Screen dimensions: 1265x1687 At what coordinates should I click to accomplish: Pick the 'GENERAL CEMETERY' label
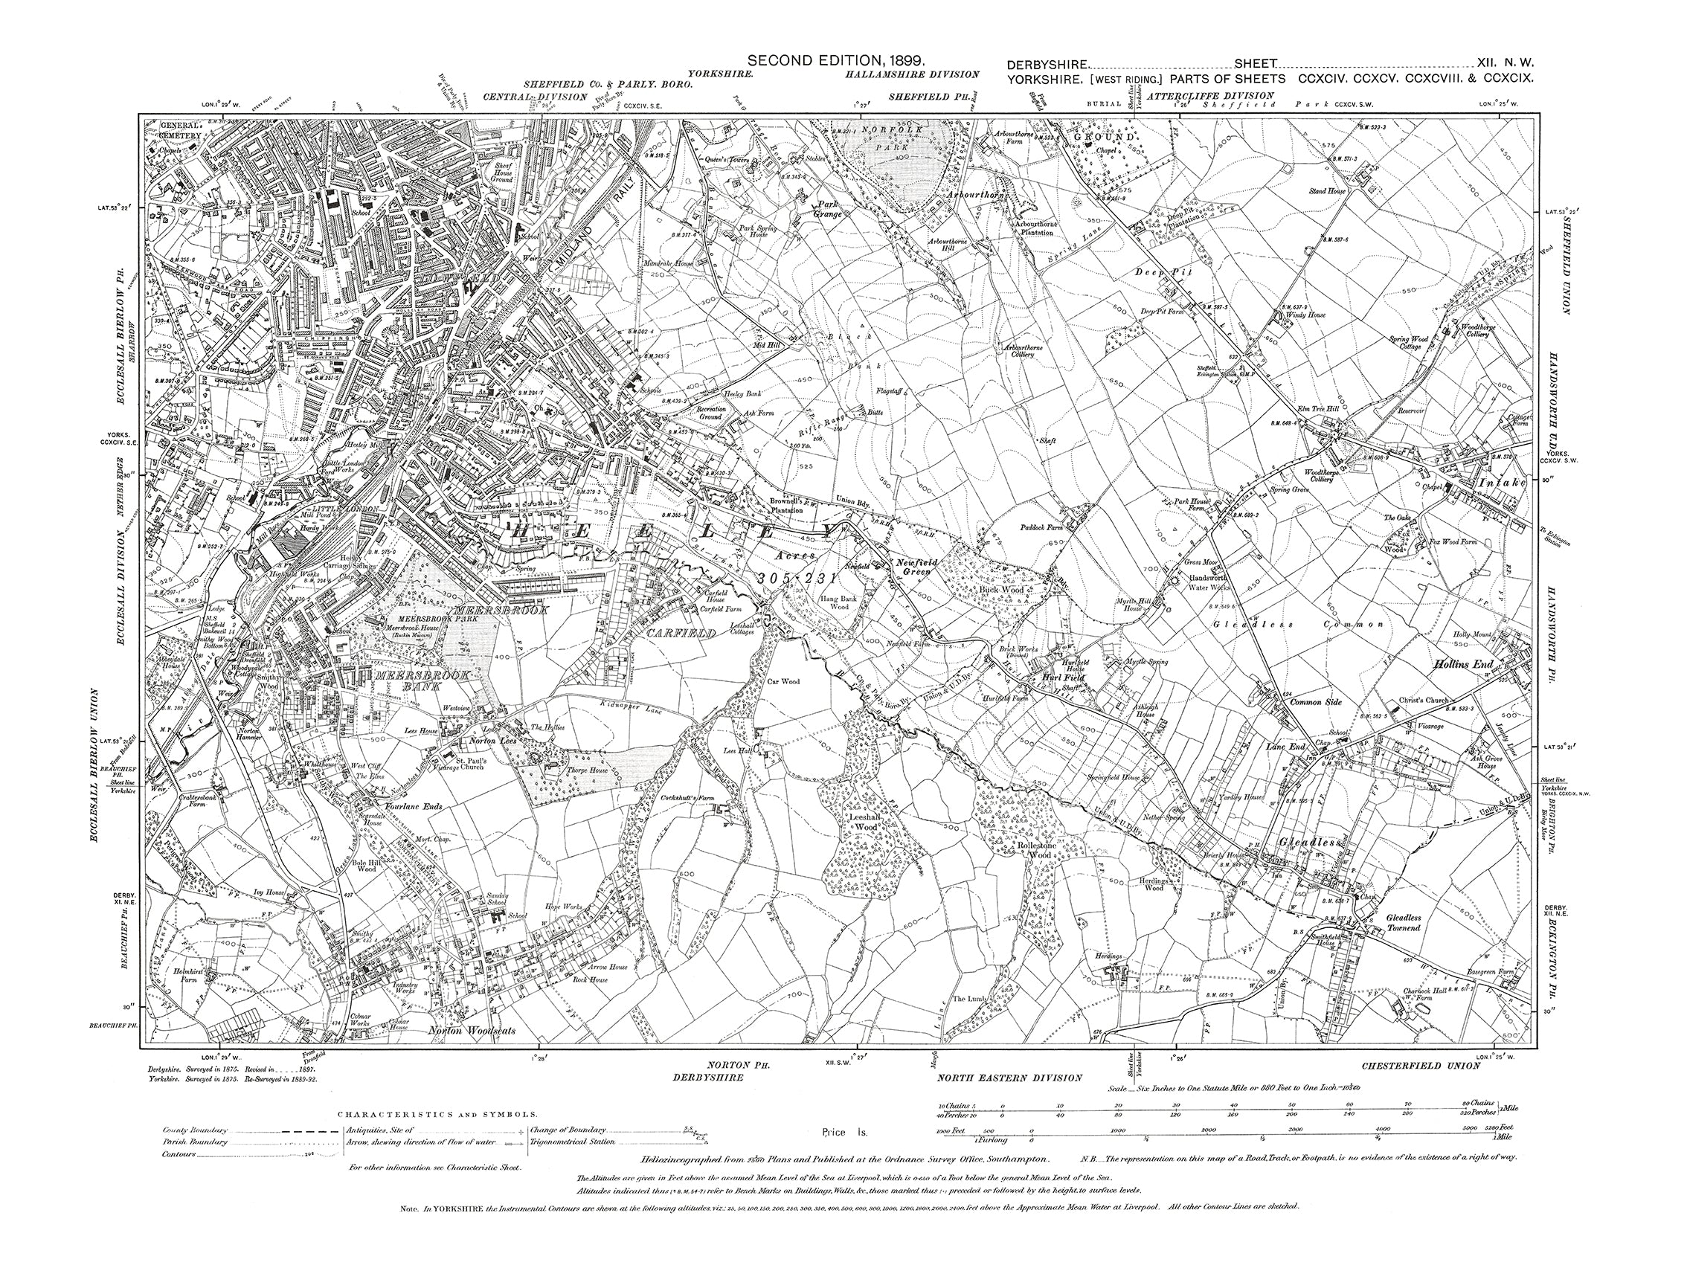point(181,129)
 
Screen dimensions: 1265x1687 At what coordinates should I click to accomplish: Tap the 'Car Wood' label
point(783,682)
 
